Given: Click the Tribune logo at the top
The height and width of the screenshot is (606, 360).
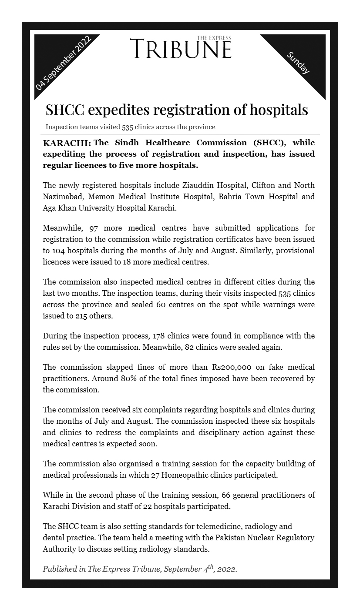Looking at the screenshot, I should coord(180,48).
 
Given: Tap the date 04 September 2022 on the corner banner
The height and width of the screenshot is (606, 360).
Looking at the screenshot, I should coord(64,63).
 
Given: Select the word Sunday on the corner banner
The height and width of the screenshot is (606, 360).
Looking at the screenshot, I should coord(298,63).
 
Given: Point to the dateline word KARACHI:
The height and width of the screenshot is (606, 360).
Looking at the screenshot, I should coord(67,143).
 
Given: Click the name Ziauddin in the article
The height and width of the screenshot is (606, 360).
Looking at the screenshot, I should coord(196,185).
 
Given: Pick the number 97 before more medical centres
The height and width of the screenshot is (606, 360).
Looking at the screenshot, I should coord(94,228).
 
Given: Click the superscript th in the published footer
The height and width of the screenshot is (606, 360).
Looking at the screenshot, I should coord(211,566).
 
